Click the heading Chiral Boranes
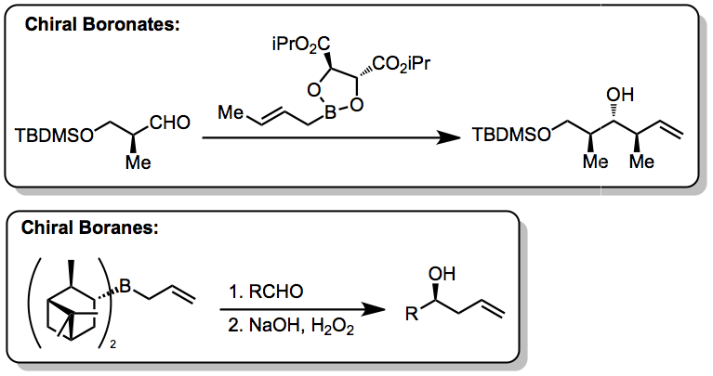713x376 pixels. pyautogui.click(x=91, y=227)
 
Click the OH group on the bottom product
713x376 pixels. pyautogui.click(x=445, y=275)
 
